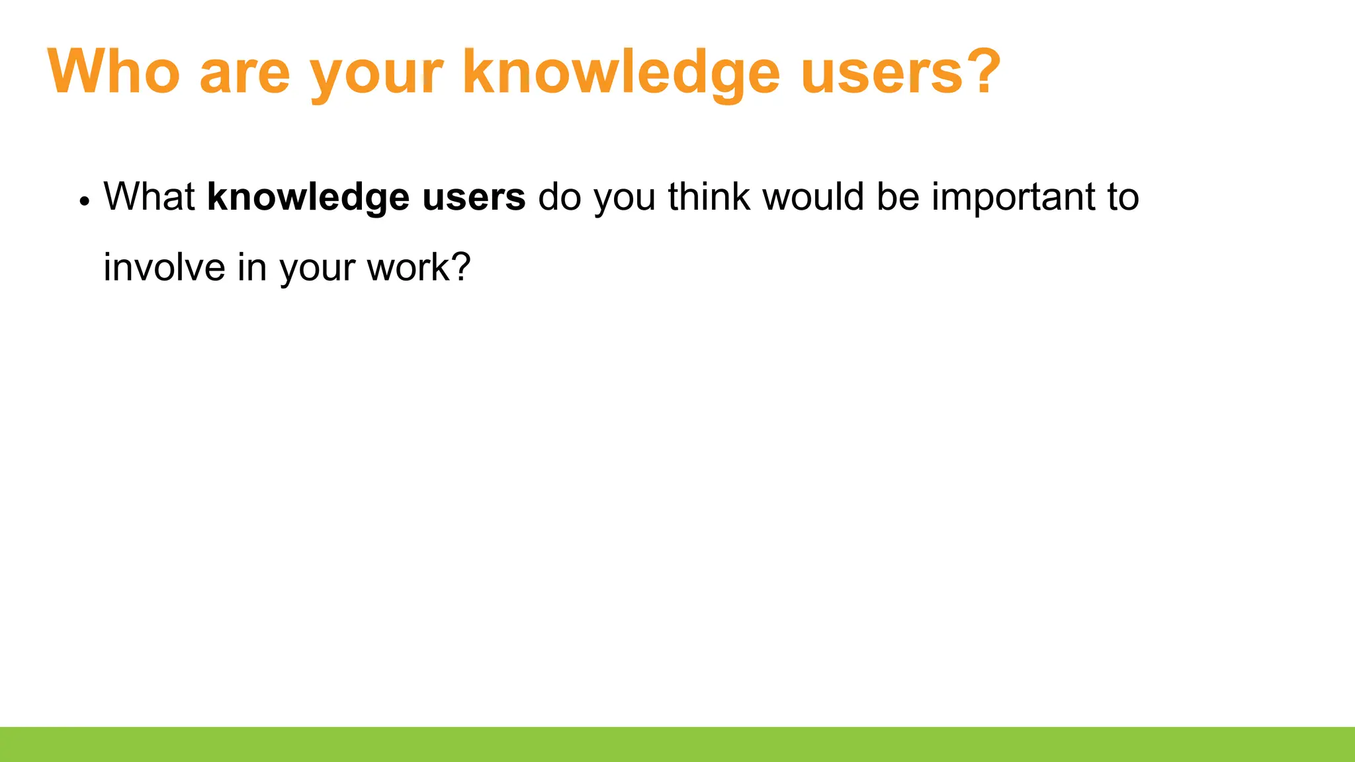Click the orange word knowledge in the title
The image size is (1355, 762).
tap(621, 73)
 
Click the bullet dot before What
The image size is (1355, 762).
tap(84, 200)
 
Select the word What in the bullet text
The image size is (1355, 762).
tap(149, 197)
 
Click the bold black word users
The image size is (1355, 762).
tap(474, 197)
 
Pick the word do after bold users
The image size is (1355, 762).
tap(560, 197)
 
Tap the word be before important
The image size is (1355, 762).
tap(898, 197)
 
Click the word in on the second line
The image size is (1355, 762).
tap(252, 268)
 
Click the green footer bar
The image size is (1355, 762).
tap(677, 744)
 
